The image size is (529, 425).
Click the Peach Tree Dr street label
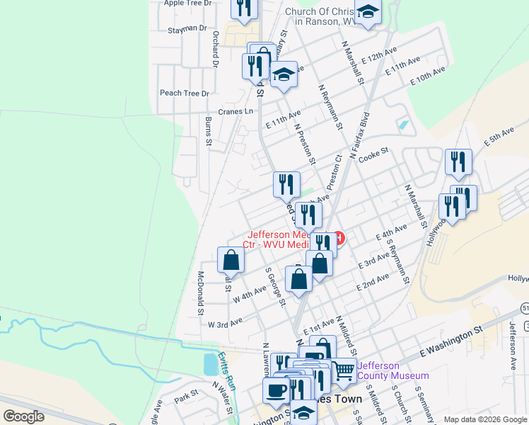tap(185, 93)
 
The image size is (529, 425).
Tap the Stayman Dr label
tap(187, 29)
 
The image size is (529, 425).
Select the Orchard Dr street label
tap(213, 49)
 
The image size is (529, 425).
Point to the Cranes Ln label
tap(235, 111)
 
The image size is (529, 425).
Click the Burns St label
tap(209, 132)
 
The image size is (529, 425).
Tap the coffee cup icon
tap(276, 390)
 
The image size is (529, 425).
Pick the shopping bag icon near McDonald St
tap(231, 261)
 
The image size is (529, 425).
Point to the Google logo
tap(23, 416)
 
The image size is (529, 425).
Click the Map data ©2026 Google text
tap(485, 419)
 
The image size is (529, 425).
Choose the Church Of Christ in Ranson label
tap(322, 16)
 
